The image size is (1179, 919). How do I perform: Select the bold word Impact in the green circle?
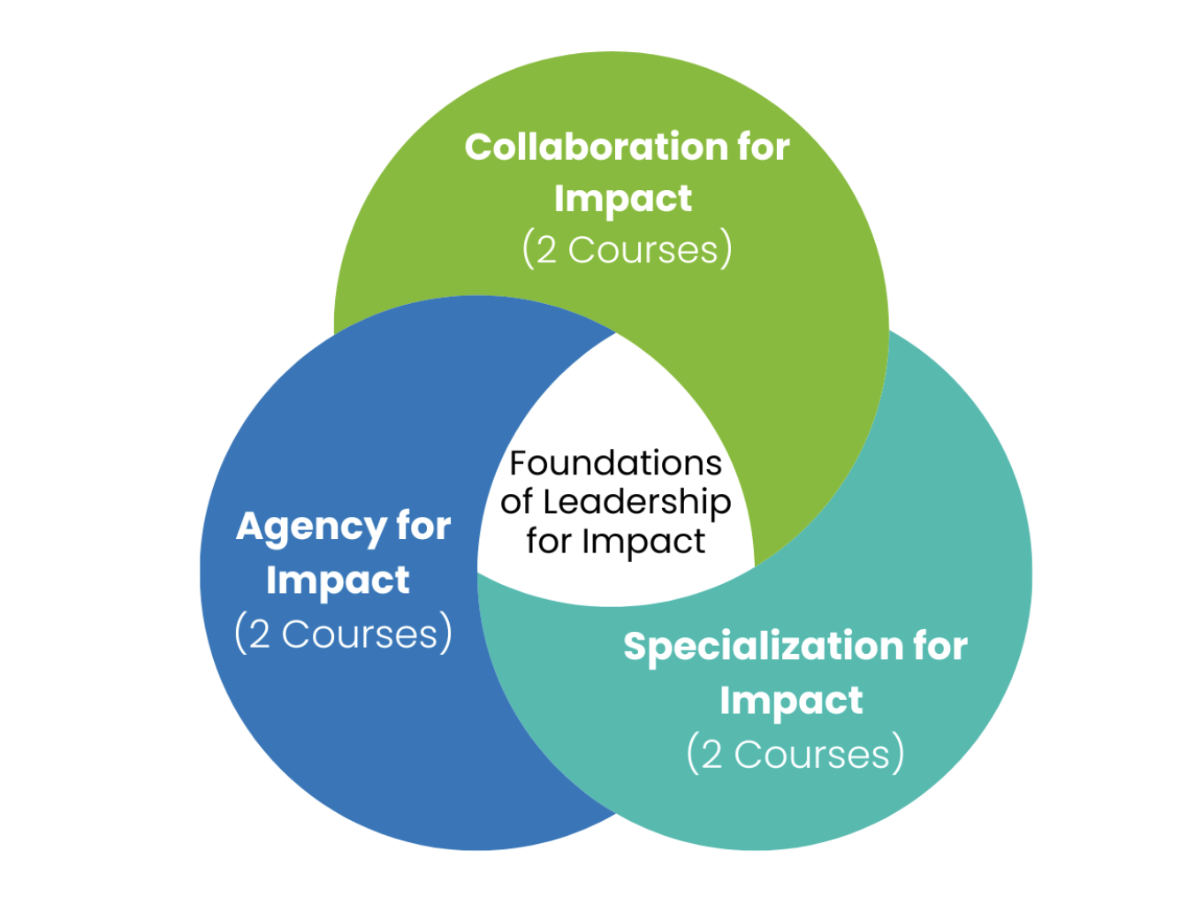[x=623, y=200]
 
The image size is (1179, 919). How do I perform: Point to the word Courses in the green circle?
[x=643, y=250]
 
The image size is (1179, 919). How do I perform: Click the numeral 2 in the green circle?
[x=547, y=251]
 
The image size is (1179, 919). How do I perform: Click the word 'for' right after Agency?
[x=423, y=527]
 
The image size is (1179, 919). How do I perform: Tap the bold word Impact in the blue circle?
[x=338, y=581]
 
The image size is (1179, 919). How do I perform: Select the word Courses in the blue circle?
[x=360, y=634]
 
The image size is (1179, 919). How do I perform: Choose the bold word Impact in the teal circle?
[x=791, y=702]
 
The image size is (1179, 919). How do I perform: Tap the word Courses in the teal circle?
[x=811, y=755]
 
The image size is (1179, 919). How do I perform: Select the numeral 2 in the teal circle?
[x=711, y=756]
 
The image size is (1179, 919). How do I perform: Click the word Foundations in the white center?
[x=616, y=463]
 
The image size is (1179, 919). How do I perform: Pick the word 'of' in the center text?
[x=517, y=502]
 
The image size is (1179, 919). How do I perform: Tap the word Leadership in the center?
[x=637, y=503]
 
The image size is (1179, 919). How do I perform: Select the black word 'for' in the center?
[x=549, y=541]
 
